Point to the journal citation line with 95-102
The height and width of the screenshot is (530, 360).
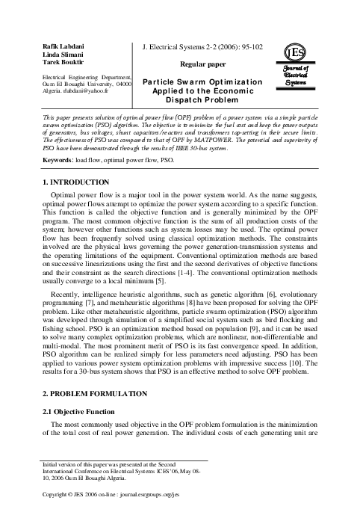click(x=198, y=47)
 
